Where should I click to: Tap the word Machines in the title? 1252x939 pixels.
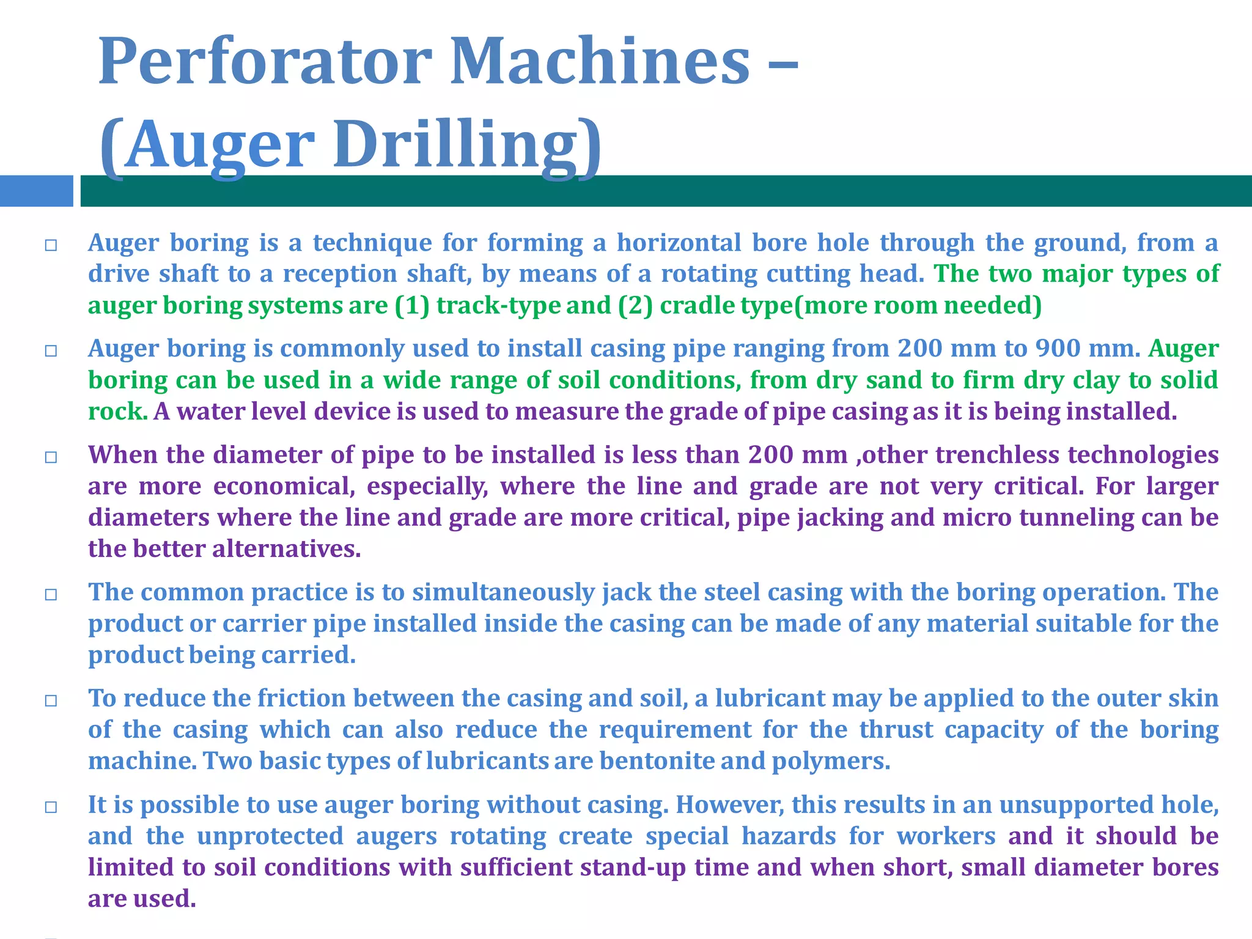[x=600, y=61]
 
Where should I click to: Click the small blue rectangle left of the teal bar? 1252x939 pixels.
[x=36, y=191]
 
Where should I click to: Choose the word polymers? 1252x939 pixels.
[x=831, y=761]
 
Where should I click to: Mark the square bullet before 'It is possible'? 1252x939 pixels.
[x=51, y=808]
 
